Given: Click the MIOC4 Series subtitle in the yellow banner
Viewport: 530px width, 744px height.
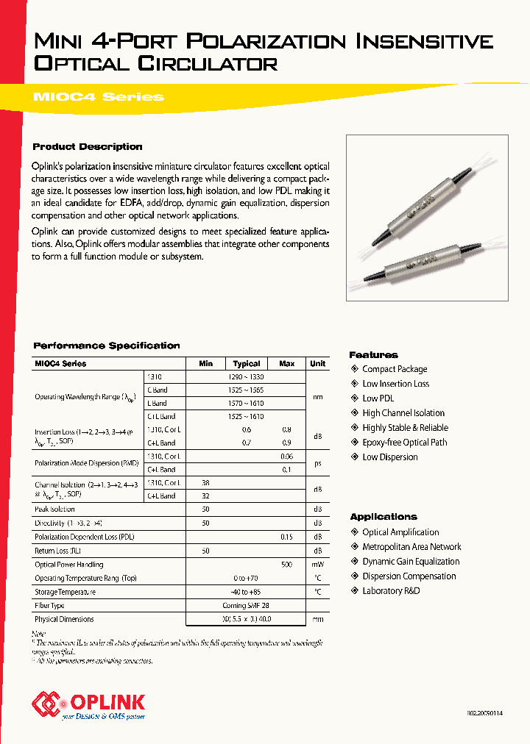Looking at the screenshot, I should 99,97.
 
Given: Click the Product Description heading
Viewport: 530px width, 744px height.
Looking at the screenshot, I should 88,147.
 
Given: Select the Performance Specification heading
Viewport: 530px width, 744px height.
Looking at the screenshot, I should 107,346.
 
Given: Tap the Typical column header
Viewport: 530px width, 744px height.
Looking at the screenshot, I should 247,363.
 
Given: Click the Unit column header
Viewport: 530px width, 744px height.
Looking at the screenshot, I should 318,363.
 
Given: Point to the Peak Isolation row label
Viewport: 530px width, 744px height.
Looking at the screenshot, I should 54,509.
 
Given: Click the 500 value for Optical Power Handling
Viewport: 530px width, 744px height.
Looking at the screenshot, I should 287,565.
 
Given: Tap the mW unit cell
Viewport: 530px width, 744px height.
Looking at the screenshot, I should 318,565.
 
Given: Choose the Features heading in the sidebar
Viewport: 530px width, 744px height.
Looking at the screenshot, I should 373,355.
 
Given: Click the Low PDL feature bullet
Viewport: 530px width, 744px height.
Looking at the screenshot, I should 378,398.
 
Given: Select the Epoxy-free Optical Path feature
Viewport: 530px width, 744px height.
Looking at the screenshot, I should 404,443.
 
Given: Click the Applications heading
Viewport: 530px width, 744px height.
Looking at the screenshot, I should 384,517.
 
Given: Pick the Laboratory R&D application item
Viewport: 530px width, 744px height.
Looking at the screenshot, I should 391,591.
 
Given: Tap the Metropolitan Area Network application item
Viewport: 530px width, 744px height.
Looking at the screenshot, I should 411,547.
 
